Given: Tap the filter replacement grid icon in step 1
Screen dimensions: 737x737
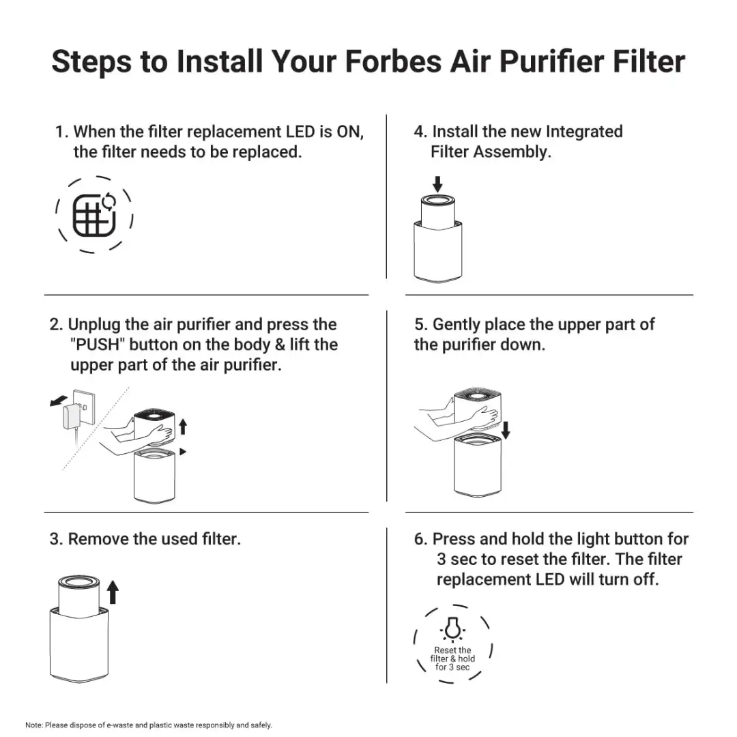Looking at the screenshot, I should click(93, 215).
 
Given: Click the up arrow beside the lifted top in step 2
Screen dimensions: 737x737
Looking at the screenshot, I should click(182, 428).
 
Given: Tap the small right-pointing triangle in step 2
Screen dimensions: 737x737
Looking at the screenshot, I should click(182, 451).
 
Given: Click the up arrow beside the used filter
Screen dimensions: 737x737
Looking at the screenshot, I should click(113, 592).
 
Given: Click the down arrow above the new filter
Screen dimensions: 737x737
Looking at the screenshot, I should click(438, 183).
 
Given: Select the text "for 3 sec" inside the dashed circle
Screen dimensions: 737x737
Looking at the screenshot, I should click(452, 667).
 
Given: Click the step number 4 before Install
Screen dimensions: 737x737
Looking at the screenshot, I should click(419, 132).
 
